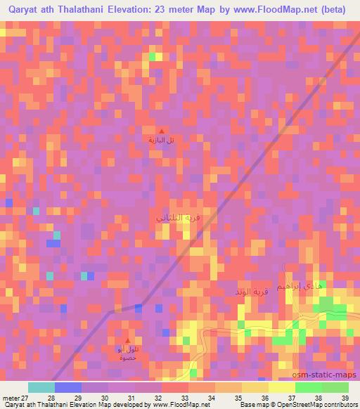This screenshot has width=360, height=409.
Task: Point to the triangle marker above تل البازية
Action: pos(162,131)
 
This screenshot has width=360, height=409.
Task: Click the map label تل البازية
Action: pos(161,140)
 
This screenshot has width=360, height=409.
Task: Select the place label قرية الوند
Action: pos(252,291)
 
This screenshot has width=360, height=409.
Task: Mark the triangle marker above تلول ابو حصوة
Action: pos(127,340)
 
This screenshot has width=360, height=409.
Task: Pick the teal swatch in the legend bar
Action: pos(41,387)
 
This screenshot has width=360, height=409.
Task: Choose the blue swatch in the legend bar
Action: pos(68,387)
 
